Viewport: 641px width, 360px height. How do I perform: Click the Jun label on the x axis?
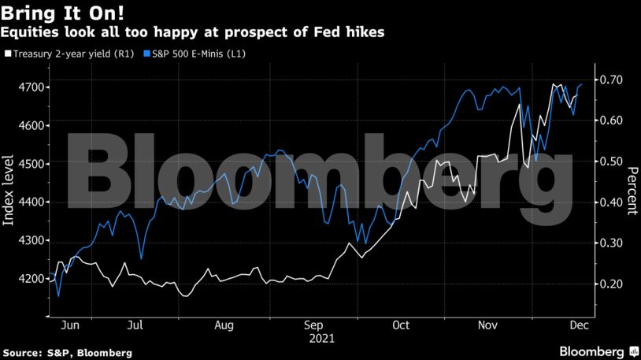click(70, 325)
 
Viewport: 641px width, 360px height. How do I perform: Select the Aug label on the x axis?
click(223, 325)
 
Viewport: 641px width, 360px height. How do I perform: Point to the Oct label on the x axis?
click(401, 325)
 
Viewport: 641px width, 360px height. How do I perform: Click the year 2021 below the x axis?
click(321, 339)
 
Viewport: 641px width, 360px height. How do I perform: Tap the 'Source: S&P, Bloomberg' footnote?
click(67, 351)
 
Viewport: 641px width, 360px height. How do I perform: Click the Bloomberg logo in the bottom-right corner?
click(598, 351)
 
